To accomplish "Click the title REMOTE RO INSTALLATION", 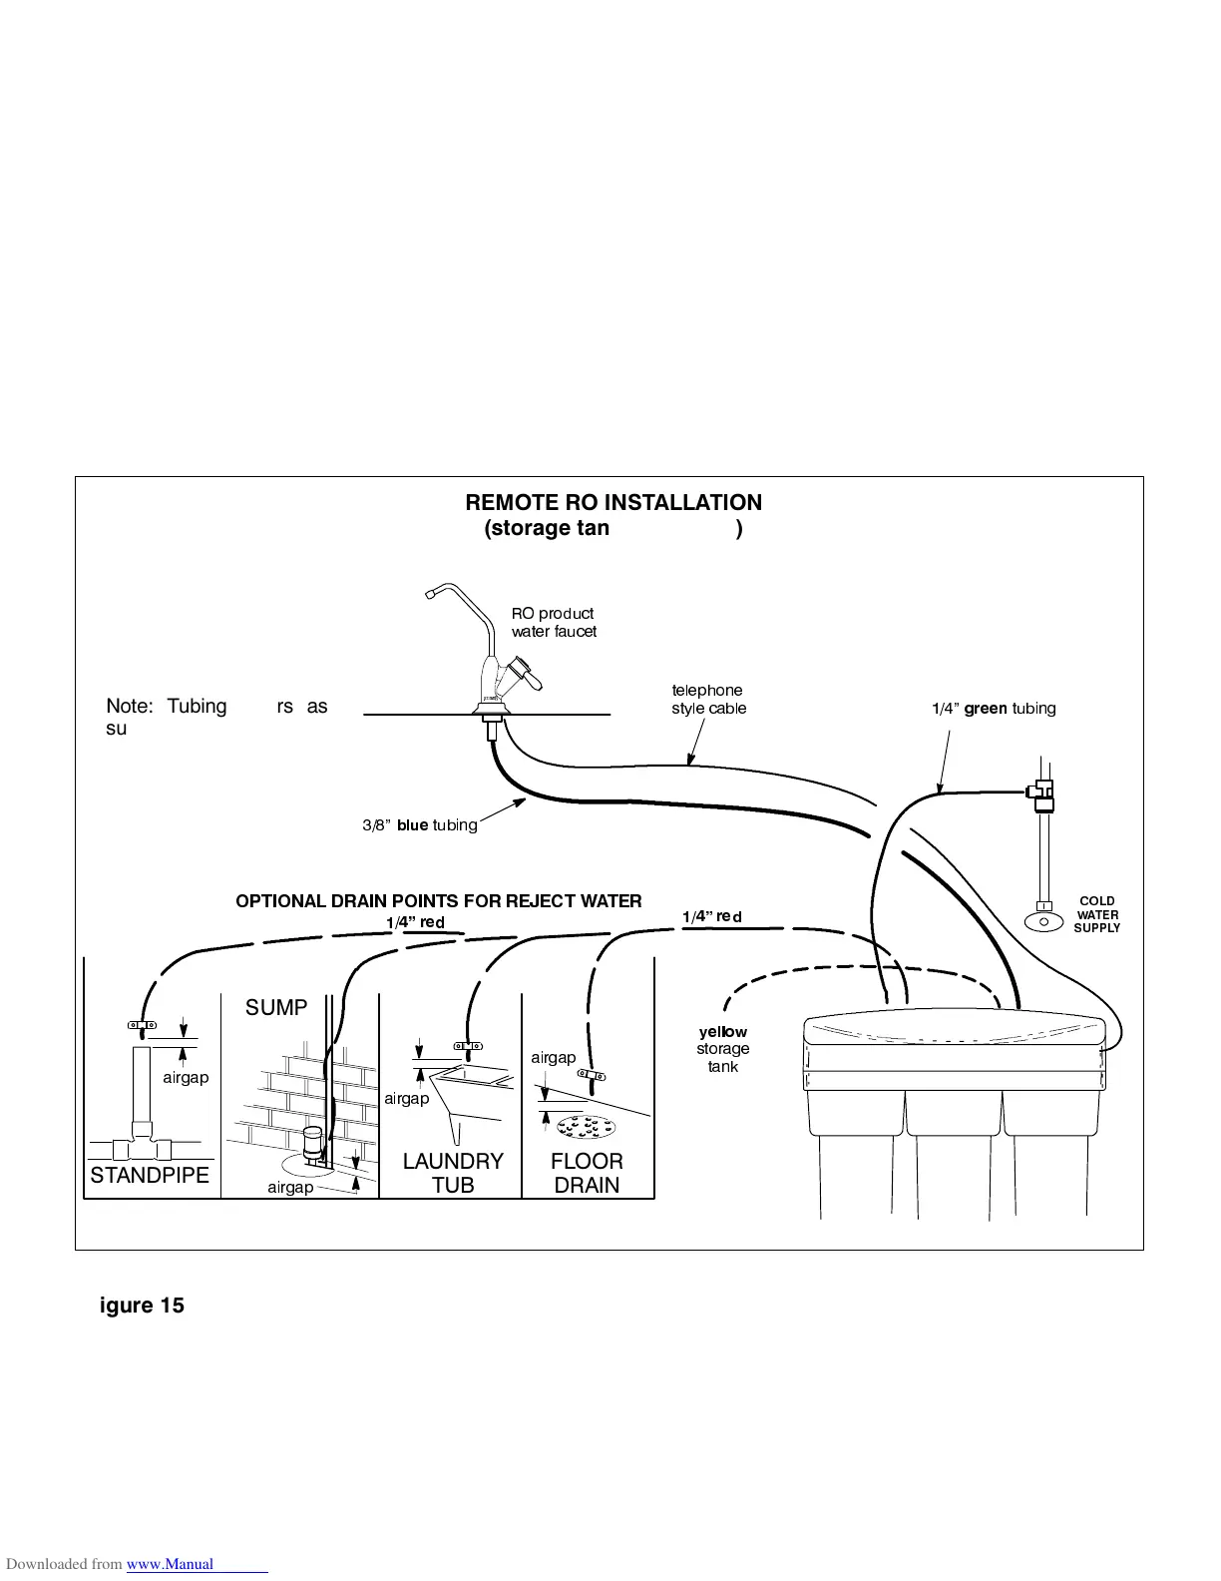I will [613, 503].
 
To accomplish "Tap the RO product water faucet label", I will [554, 623].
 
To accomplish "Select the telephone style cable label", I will [708, 700].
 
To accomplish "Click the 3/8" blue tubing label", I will [419, 825].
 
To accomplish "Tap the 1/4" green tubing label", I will [993, 709].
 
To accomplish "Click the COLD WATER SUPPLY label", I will [1097, 914].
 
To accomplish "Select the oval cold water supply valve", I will [1043, 921].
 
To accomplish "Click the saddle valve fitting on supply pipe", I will [1041, 795].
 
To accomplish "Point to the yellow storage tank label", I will [722, 1049].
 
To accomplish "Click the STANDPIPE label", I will [150, 1176].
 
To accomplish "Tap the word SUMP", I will [276, 1008].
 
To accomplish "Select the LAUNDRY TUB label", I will [453, 1174].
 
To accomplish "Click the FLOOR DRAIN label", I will [587, 1174].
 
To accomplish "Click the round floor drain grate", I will [587, 1127].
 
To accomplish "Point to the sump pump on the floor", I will [312, 1146].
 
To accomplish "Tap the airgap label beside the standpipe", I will [186, 1078].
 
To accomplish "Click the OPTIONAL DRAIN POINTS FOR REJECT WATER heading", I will [439, 901].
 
